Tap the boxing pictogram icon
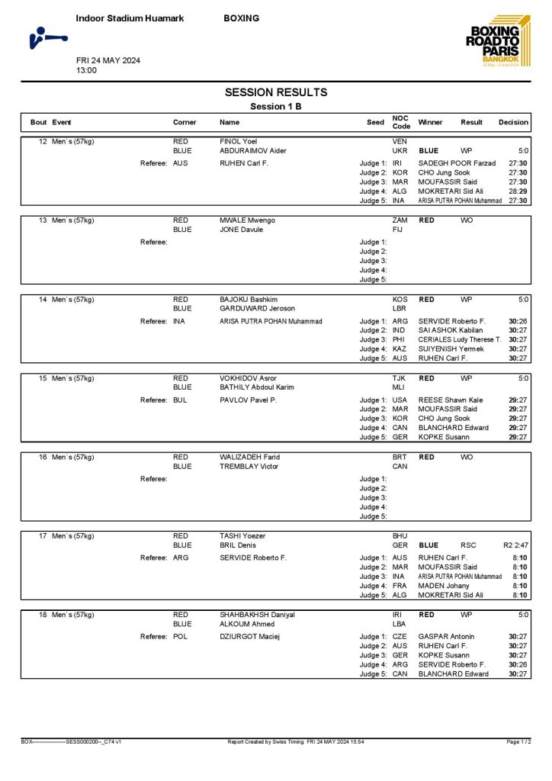[x=47, y=36]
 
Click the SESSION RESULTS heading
[x=275, y=92]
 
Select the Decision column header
[x=513, y=122]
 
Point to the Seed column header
[x=375, y=122]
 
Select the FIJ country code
[x=398, y=230]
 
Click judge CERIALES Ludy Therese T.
[x=460, y=339]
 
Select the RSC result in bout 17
[x=469, y=545]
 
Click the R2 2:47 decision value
[x=515, y=545]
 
